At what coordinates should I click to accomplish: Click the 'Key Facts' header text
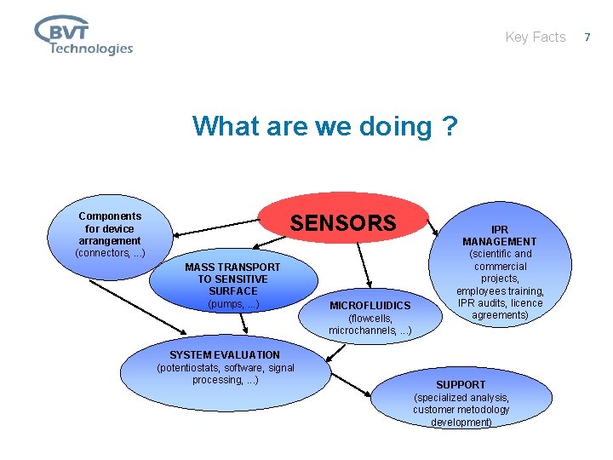tap(535, 37)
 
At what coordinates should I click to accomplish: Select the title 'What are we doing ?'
tap(324, 126)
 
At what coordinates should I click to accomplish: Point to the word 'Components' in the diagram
tap(110, 216)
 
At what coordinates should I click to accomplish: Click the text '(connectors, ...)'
tap(110, 253)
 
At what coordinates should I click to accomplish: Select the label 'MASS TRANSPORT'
tap(232, 267)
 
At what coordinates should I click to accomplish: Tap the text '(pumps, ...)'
tap(232, 304)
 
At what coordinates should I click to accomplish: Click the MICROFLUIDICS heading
tap(370, 305)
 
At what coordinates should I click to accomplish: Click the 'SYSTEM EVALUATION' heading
tap(225, 354)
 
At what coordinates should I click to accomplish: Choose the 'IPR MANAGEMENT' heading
tap(500, 235)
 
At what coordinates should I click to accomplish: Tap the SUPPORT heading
tap(461, 384)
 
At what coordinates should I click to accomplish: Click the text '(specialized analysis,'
tap(461, 397)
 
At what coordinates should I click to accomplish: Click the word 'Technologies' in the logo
tap(90, 49)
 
